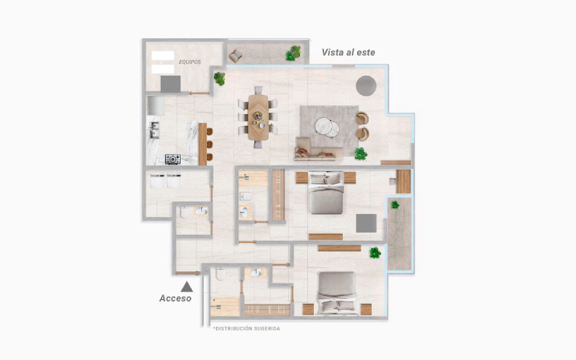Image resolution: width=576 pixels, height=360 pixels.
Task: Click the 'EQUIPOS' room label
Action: point(190,62)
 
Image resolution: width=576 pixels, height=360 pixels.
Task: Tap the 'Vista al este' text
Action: point(348,53)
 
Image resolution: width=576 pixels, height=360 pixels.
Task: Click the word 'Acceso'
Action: point(175,298)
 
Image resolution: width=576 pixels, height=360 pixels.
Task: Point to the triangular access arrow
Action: point(187,286)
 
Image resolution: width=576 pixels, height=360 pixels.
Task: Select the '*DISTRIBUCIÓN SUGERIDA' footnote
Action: point(246,329)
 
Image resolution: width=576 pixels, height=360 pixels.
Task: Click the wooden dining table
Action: point(258,118)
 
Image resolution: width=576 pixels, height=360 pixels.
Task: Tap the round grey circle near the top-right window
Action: point(366,86)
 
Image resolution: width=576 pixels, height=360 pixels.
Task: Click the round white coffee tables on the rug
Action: point(327,127)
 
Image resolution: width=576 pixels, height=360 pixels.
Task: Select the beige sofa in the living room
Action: point(318,149)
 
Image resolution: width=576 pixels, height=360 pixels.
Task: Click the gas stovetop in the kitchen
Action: point(173,159)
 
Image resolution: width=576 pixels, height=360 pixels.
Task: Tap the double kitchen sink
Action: point(154,130)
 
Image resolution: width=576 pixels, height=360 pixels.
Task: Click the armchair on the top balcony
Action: point(235,56)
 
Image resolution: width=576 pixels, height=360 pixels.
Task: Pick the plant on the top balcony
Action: point(294,53)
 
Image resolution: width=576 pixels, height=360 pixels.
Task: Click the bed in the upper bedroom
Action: point(326,193)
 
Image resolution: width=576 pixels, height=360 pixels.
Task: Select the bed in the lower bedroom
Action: point(337,293)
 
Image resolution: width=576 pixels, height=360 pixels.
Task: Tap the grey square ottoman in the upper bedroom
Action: point(366,223)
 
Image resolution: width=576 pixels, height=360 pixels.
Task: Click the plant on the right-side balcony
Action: point(395,205)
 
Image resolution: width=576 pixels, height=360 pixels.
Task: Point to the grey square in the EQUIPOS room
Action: point(170,84)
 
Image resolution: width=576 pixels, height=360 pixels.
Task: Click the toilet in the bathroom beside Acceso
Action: point(221,274)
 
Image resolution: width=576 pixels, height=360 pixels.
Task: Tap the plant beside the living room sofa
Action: point(361,154)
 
